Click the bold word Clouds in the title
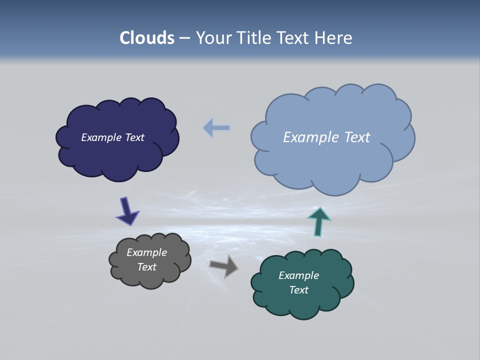(147, 38)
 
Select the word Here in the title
(334, 38)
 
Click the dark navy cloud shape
(117, 155)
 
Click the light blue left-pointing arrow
(216, 128)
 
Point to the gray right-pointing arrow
(224, 265)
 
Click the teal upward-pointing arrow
(318, 221)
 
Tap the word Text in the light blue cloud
(356, 137)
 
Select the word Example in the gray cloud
(146, 252)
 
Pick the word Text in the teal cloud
(298, 290)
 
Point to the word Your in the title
(213, 38)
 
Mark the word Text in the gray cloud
(146, 267)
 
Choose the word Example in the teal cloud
(298, 275)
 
